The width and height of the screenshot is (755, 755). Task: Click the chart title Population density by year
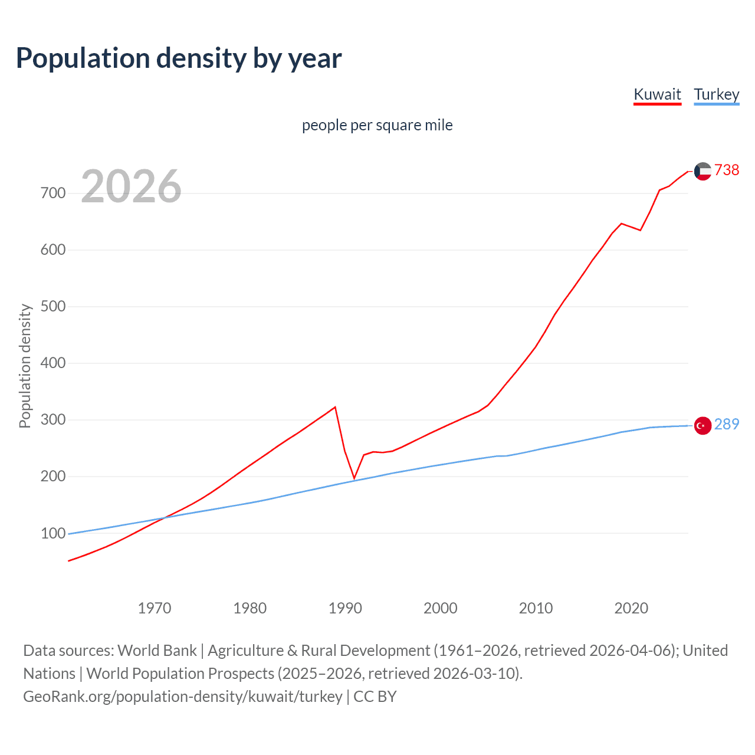(x=179, y=58)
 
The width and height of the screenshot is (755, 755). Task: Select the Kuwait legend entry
(x=657, y=94)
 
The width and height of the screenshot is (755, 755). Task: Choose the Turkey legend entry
(x=716, y=94)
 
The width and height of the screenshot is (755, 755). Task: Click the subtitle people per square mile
(x=377, y=125)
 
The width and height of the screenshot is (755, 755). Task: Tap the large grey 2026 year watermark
(x=131, y=186)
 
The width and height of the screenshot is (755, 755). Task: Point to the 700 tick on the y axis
(x=53, y=193)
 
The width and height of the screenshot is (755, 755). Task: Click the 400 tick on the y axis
(x=53, y=363)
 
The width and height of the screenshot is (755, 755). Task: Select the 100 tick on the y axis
(x=53, y=533)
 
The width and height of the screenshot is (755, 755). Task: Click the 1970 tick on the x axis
(x=155, y=608)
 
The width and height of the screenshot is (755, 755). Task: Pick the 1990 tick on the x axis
(x=345, y=608)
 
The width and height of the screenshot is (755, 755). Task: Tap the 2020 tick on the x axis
(x=631, y=608)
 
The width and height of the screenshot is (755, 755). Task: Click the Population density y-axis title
(x=25, y=366)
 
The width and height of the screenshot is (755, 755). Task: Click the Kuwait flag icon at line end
(x=703, y=171)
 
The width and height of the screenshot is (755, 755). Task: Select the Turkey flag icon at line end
(x=703, y=425)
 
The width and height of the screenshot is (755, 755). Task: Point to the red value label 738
(x=727, y=170)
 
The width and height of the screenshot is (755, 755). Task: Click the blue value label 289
(x=727, y=424)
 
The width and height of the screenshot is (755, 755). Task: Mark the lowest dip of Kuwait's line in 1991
(x=354, y=478)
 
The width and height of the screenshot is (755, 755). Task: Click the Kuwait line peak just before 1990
(x=335, y=407)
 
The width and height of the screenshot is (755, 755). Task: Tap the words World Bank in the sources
(x=157, y=651)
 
